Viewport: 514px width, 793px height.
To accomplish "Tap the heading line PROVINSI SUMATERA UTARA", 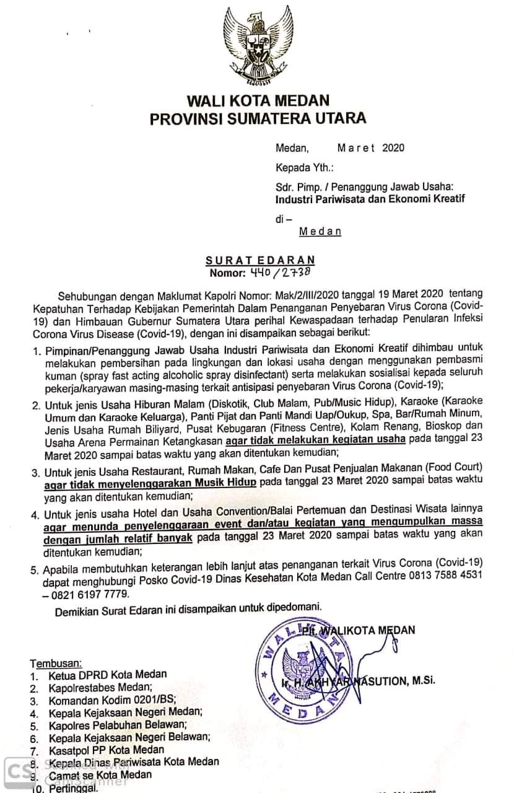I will [258, 118].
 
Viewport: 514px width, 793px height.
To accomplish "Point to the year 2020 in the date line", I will [393, 148].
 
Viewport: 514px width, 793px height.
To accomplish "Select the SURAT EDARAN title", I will [261, 260].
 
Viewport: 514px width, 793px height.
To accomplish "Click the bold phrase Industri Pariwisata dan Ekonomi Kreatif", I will [370, 199].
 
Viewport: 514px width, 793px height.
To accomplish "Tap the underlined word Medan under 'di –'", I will [320, 231].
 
